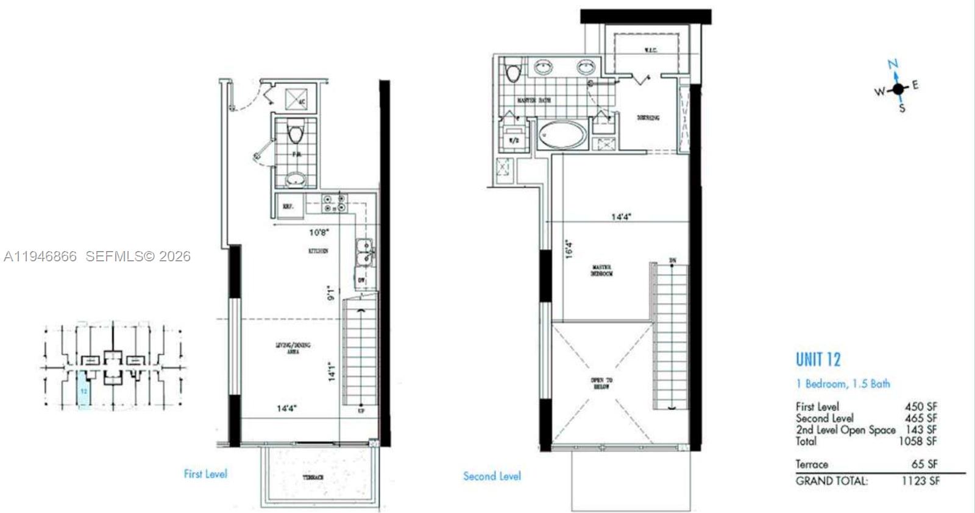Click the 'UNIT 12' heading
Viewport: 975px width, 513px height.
[x=818, y=359]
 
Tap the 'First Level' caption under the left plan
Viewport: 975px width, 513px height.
[x=205, y=473]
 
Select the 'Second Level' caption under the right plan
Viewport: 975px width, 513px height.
[x=492, y=476]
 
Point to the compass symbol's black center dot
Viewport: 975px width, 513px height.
[x=898, y=89]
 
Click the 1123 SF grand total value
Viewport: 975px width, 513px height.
[x=920, y=481]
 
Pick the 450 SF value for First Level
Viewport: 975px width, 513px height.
[x=921, y=406]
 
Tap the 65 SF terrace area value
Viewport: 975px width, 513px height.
[x=924, y=464]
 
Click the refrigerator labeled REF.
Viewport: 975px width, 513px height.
[x=288, y=206]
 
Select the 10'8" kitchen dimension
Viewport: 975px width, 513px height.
[x=319, y=232]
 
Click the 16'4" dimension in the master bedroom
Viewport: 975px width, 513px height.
[x=569, y=249]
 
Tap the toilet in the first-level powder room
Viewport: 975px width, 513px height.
[x=296, y=132]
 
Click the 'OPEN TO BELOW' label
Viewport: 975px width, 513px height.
[x=601, y=383]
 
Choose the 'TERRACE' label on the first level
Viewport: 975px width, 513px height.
[x=313, y=478]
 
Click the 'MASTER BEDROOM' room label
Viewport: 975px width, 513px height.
[x=601, y=271]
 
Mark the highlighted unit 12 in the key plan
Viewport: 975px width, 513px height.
[x=84, y=392]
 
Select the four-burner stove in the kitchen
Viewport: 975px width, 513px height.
[x=335, y=203]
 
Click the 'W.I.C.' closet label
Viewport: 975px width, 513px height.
[x=650, y=50]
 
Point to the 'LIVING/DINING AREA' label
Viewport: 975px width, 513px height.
[x=293, y=348]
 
